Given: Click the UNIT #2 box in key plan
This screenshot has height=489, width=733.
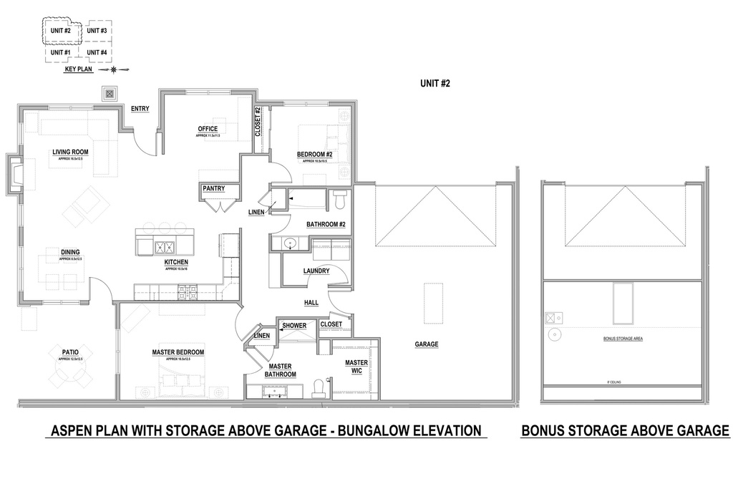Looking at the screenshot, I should [x=60, y=32].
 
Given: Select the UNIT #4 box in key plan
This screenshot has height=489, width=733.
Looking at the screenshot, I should [x=97, y=52].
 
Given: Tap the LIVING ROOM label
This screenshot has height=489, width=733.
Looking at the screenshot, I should [x=69, y=152].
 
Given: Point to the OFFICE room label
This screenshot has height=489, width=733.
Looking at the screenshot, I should [x=208, y=130].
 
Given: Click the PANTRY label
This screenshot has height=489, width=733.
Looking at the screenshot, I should [x=213, y=189].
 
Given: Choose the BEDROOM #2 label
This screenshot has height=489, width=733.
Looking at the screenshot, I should [x=315, y=155].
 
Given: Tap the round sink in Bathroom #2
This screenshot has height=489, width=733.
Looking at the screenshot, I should [x=290, y=243].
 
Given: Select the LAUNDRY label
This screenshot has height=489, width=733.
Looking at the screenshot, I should [x=316, y=271].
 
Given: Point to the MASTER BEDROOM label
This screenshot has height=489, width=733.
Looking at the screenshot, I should [x=178, y=352].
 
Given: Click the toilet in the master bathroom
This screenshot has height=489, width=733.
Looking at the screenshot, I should [x=319, y=388].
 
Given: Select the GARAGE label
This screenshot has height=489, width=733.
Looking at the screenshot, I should [x=427, y=344].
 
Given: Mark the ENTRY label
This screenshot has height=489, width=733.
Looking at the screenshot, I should [x=140, y=109].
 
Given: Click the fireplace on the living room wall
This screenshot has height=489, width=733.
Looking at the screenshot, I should [x=16, y=174].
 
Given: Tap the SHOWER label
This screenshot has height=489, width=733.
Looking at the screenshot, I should [x=293, y=326].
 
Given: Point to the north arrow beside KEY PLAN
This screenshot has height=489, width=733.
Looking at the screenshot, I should [x=114, y=69].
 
